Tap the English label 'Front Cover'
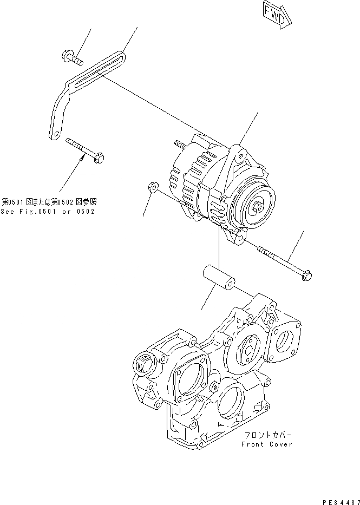coord(267,444)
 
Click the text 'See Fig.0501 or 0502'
coord(48,211)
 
